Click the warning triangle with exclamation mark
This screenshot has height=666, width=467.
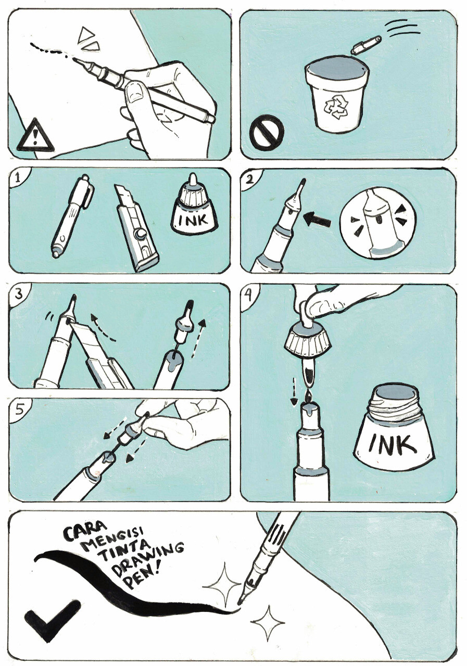[35, 136]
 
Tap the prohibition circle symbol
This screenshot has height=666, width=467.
[267, 132]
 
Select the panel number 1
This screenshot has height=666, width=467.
[18, 178]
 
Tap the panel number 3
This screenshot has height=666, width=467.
[18, 294]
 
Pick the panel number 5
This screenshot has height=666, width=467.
[18, 409]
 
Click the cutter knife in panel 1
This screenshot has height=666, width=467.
[136, 227]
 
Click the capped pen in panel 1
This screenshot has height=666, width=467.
[72, 215]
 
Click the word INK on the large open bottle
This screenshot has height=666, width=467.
[392, 445]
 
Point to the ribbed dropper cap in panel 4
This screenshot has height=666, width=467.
[308, 340]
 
